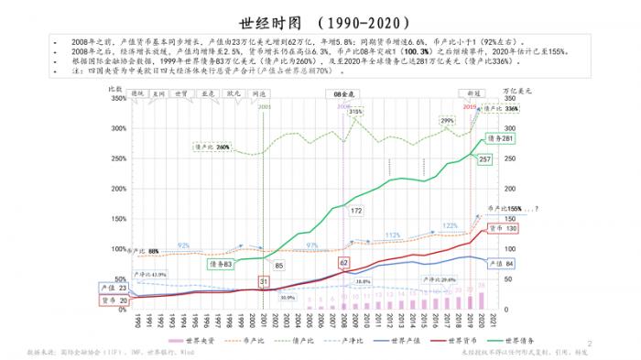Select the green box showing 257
pos(485,159)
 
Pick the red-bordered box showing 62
pos(344,263)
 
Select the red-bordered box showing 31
pos(264,281)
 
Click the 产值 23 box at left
pos(116,288)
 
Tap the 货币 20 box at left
pos(116,300)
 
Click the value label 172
pos(356,211)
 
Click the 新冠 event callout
pos(473,93)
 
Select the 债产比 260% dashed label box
pos(211,147)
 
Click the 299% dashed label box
pos(447,121)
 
